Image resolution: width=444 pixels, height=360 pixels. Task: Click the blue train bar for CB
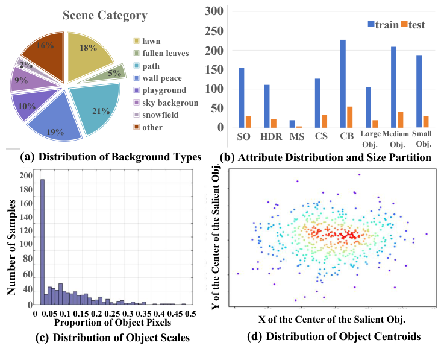click(343, 84)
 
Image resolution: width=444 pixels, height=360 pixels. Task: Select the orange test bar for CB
click(349, 117)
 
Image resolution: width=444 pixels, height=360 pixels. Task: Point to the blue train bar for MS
click(292, 124)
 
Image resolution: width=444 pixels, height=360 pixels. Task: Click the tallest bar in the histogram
click(42, 241)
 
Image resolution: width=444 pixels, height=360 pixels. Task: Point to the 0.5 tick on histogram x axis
click(192, 314)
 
